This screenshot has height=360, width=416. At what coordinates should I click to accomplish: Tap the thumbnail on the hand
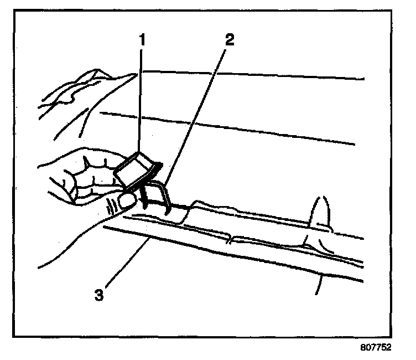click(128, 200)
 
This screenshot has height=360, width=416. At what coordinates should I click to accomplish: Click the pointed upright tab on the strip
click(320, 213)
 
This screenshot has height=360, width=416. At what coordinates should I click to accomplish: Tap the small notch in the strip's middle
click(230, 239)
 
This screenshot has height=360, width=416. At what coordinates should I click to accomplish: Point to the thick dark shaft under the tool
click(144, 197)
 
